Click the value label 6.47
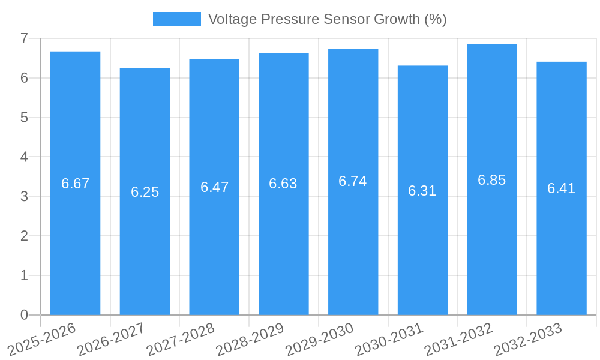pos(214,187)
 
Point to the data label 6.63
pos(283,184)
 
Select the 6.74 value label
pos(353,181)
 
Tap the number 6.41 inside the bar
pos(561,188)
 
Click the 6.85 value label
pos(492,180)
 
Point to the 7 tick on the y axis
pos(24,38)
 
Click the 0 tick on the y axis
pos(24,315)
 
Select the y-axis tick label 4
pos(24,157)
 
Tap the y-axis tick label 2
pos(24,236)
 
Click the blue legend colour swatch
pos(177,19)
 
